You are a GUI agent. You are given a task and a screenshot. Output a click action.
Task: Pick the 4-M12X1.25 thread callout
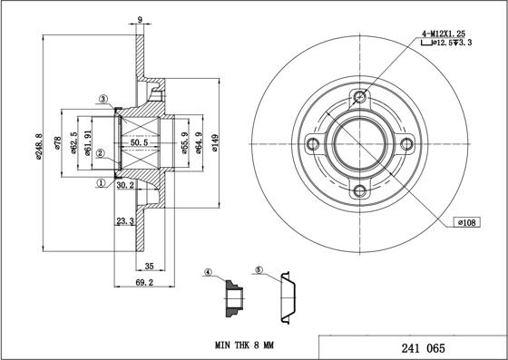445,34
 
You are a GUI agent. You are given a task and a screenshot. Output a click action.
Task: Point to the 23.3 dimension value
124,219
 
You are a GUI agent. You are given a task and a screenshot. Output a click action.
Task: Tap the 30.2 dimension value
125,185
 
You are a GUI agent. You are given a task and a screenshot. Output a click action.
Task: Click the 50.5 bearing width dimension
141,142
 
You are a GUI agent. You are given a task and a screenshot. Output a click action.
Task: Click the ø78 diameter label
59,145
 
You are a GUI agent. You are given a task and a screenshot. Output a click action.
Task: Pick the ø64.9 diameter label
196,144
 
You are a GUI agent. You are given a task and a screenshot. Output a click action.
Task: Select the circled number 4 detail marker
208,272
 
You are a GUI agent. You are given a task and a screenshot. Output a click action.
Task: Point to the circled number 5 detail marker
259,270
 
